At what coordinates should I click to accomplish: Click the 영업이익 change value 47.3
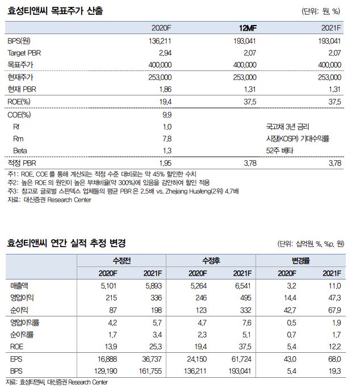click(x=334, y=297)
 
